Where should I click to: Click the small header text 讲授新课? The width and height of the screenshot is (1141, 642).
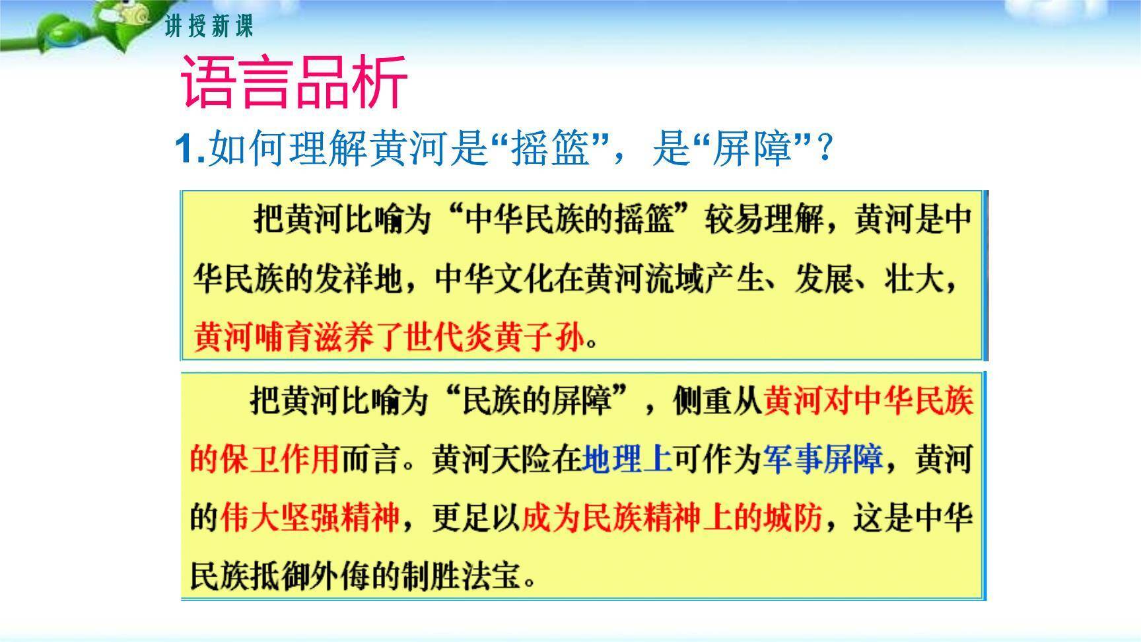pos(209,27)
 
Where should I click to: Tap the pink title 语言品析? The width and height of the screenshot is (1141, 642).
pos(294,83)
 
